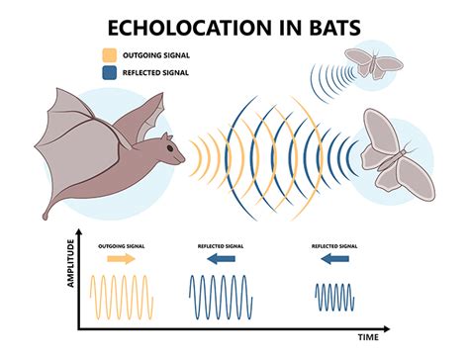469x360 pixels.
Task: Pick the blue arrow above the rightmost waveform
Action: click(334, 259)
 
